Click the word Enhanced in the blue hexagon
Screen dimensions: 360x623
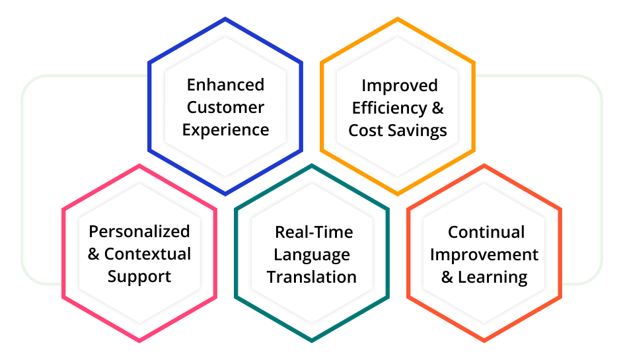click(225, 85)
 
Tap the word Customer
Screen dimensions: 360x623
click(225, 107)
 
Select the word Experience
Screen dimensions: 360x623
click(225, 129)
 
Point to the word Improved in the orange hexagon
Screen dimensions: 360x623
click(399, 86)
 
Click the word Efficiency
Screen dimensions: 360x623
click(389, 108)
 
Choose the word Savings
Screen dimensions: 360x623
click(418, 130)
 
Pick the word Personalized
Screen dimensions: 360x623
click(139, 231)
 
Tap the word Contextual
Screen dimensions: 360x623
click(147, 254)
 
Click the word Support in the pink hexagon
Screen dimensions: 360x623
click(139, 276)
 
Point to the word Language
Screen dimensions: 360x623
click(312, 255)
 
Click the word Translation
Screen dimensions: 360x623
click(312, 277)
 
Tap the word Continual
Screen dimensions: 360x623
click(486, 233)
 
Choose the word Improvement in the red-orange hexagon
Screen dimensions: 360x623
click(484, 255)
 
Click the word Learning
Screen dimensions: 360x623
click(493, 277)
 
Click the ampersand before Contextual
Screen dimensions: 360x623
click(94, 254)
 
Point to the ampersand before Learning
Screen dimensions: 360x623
click(447, 277)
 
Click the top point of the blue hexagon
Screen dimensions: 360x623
click(225, 20)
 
